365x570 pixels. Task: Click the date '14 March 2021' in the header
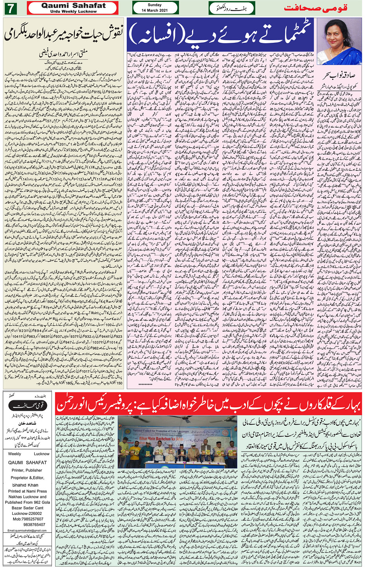pyautogui.click(x=155, y=10)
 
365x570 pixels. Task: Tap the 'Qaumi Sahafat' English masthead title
pyautogui.click(x=73, y=6)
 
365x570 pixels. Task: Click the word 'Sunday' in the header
pyautogui.click(x=155, y=5)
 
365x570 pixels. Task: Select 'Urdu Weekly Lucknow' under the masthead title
pyautogui.click(x=73, y=12)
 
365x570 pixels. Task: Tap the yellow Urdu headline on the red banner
pyautogui.click(x=209, y=404)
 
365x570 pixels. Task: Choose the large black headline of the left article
pyautogui.click(x=63, y=34)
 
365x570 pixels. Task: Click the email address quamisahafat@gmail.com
pyautogui.click(x=27, y=531)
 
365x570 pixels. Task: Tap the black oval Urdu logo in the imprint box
pyautogui.click(x=27, y=406)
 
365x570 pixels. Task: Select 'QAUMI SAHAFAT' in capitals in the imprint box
pyautogui.click(x=27, y=462)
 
